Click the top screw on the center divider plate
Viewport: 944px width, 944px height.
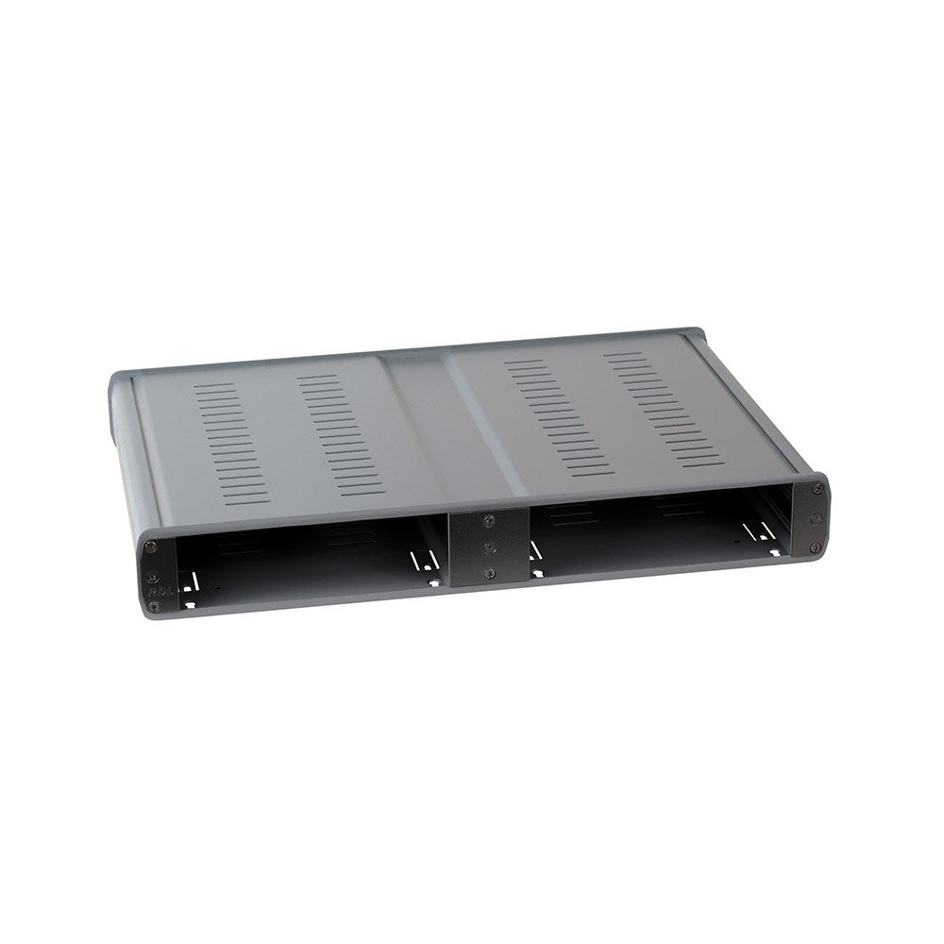click(x=488, y=520)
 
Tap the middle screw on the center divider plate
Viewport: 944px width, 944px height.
click(x=488, y=547)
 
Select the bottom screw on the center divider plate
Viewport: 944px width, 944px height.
click(x=488, y=573)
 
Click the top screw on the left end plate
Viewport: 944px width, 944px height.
click(x=150, y=547)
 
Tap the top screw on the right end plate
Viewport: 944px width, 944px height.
click(x=817, y=489)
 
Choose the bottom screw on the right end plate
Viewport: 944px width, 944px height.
click(x=816, y=547)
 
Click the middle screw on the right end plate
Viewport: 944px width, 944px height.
click(x=816, y=518)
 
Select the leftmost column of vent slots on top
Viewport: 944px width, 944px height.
click(x=231, y=443)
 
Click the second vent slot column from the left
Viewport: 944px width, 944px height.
click(x=341, y=434)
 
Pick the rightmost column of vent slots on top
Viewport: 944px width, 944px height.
click(x=664, y=409)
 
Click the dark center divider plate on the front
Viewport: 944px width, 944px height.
click(x=488, y=548)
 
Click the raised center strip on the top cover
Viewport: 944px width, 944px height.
click(x=453, y=425)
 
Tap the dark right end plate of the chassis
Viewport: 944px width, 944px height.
click(x=810, y=517)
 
